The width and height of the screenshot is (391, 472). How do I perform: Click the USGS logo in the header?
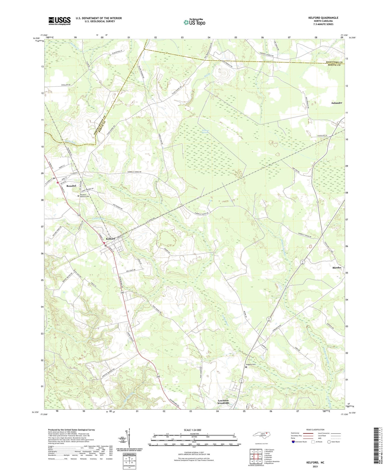(x=59, y=21)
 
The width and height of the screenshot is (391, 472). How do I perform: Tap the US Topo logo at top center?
(x=194, y=22)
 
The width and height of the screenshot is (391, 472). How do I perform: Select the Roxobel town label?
(x=71, y=186)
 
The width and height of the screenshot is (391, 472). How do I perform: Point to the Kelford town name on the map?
(x=111, y=238)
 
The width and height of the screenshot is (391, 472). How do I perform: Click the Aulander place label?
(x=336, y=103)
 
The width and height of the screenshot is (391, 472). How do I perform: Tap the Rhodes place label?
(x=337, y=268)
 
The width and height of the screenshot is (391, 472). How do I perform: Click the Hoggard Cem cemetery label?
(x=250, y=364)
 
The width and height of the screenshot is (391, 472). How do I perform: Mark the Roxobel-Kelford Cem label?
(x=85, y=196)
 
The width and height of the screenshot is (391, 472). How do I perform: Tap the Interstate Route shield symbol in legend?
(x=293, y=442)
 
